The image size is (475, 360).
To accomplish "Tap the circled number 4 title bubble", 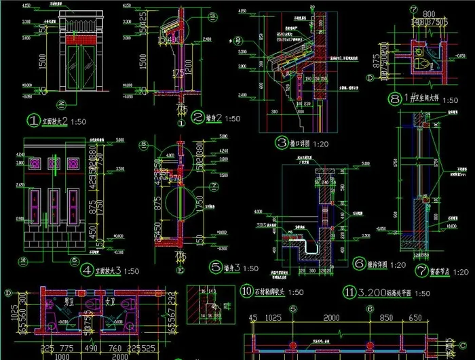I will click(x=87, y=269).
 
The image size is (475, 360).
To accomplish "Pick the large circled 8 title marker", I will click(x=396, y=100).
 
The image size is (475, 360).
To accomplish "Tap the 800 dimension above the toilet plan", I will click(x=428, y=14).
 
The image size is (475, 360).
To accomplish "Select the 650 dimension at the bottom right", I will click(x=434, y=318).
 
